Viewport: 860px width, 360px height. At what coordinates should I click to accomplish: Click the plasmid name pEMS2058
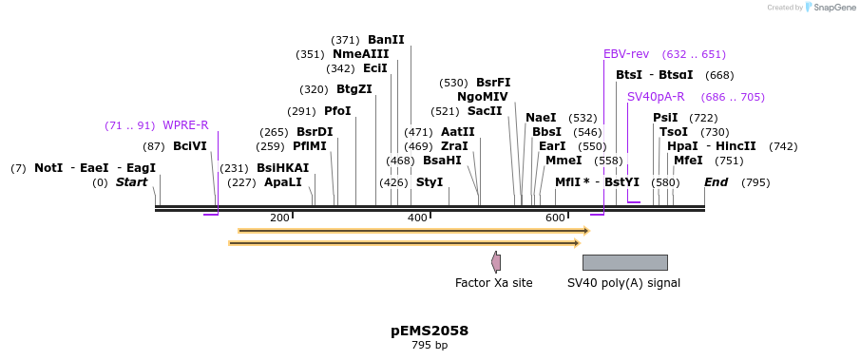[430, 331]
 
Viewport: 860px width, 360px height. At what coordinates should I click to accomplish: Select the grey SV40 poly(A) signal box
[624, 262]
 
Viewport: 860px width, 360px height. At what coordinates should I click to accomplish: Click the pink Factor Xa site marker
[496, 262]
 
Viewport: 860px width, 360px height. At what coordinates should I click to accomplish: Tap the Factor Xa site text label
[493, 283]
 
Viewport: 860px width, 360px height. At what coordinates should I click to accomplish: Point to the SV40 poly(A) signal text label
[623, 283]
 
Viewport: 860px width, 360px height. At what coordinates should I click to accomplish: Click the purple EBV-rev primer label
[626, 54]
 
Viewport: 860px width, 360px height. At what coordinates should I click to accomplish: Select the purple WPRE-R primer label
[185, 125]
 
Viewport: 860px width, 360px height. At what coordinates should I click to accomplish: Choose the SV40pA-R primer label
[656, 97]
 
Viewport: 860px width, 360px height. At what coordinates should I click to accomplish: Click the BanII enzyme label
[386, 40]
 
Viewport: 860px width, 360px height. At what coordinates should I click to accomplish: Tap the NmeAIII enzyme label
[360, 54]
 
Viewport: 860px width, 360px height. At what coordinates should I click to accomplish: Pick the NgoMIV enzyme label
[482, 97]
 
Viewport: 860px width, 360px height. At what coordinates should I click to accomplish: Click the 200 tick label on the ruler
[279, 218]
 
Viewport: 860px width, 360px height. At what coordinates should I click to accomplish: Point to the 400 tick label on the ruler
[417, 218]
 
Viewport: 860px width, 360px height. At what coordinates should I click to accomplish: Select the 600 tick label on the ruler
[555, 218]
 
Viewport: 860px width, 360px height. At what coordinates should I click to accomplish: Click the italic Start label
[132, 182]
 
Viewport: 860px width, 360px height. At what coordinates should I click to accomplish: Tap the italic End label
[716, 182]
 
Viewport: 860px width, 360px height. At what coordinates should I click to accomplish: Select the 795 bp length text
[430, 346]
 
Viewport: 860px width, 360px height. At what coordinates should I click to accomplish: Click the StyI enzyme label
[430, 182]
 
